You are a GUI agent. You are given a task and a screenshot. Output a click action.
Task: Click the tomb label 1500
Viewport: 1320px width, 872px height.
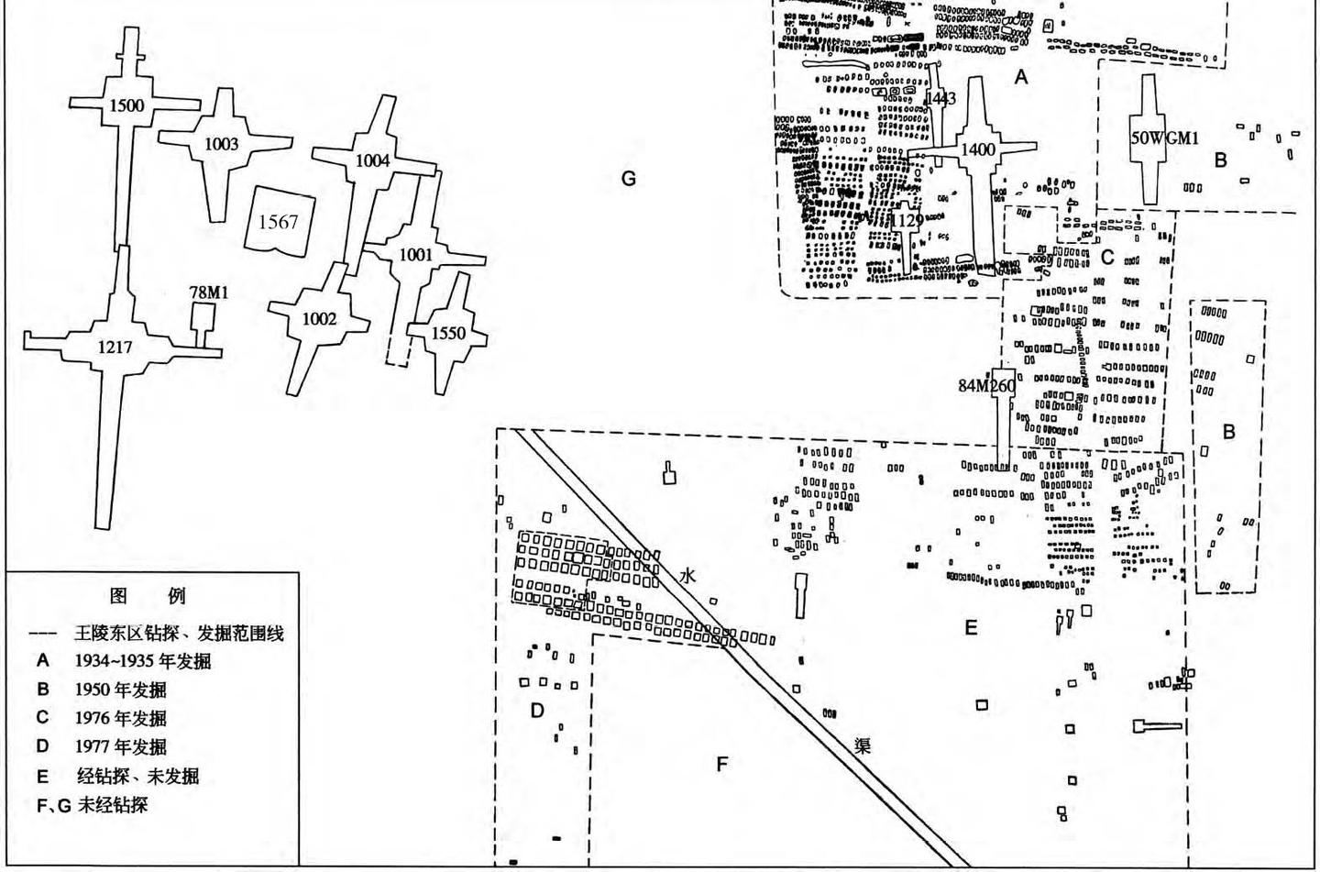pos(126,105)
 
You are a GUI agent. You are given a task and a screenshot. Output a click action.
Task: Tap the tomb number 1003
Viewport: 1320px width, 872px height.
pos(221,144)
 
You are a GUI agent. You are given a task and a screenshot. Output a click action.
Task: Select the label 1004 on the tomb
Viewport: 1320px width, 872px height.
pos(372,161)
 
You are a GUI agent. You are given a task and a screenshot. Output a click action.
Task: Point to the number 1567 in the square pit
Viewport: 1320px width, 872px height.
pos(278,221)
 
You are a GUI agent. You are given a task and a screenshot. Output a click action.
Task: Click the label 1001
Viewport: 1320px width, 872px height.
pos(415,255)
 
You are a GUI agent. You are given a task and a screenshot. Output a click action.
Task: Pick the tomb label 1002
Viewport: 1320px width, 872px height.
pos(319,319)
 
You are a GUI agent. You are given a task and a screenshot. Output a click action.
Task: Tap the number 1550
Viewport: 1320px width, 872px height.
pos(448,334)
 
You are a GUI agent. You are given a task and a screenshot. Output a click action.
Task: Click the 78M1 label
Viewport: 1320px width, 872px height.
pos(208,293)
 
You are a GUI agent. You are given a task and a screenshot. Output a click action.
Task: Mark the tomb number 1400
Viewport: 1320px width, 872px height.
pos(978,149)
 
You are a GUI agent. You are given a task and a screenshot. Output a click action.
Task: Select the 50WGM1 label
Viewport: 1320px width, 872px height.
pos(1164,138)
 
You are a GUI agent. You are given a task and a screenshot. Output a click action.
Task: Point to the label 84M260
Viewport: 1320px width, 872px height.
pos(986,386)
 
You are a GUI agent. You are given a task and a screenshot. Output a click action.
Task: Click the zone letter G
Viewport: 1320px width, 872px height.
pos(628,179)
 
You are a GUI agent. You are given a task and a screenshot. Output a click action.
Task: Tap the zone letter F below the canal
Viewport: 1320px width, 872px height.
pos(721,764)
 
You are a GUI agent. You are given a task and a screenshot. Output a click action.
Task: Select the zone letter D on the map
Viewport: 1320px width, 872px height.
pos(537,711)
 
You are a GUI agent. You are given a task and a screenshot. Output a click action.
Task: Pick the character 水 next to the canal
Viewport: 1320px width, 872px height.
pos(687,576)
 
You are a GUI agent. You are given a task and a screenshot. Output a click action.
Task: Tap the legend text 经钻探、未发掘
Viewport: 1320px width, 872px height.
pos(137,777)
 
